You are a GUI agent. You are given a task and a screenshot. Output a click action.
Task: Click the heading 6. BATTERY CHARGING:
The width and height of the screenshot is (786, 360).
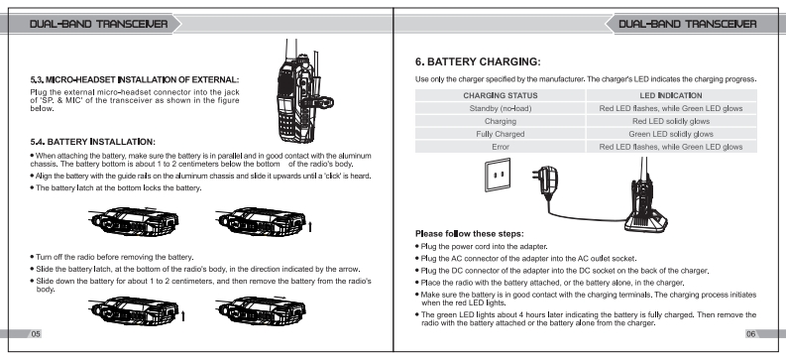478,62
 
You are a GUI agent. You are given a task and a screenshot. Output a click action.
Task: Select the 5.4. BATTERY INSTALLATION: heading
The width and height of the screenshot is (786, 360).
93,143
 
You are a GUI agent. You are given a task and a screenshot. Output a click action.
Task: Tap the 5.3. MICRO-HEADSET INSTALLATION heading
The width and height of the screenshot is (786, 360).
135,79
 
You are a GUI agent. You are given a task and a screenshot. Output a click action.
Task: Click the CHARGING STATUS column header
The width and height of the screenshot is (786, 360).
500,95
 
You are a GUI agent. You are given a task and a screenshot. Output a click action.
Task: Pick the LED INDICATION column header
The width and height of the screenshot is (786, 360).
671,95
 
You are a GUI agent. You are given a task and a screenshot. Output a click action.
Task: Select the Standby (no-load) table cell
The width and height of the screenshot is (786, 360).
500,108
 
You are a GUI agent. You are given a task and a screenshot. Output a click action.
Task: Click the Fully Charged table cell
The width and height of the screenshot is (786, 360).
500,134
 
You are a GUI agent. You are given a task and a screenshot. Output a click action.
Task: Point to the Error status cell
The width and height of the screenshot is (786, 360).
500,147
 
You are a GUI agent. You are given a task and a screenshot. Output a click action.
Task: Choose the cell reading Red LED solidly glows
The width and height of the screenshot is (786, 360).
671,121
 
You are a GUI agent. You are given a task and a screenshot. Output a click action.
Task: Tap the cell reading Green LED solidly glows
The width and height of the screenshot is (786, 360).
671,134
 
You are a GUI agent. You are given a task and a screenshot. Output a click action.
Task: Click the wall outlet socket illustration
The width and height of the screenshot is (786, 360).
498,175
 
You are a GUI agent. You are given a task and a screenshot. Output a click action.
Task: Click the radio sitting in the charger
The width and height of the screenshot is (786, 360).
645,200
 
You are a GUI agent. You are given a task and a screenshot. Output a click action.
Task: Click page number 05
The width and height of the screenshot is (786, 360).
35,334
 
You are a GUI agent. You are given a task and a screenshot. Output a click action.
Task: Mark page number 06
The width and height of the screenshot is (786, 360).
750,334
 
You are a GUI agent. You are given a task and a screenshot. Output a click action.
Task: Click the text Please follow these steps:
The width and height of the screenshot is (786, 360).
469,234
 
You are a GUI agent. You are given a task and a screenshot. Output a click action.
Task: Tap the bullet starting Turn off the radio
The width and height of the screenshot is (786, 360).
112,257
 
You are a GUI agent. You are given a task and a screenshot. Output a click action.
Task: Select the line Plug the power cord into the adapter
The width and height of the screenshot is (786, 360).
482,247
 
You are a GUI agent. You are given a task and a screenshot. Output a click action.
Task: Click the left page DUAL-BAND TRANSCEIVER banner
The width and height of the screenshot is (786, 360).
98,24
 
